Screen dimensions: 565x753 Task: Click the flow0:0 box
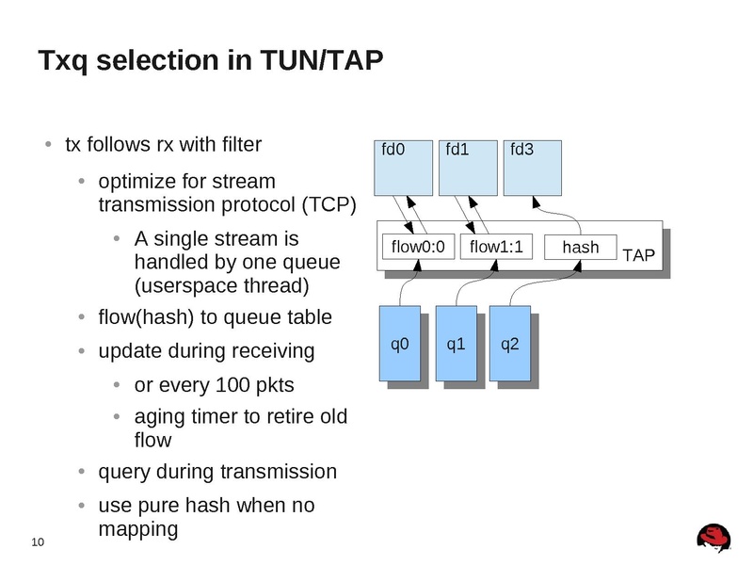click(417, 247)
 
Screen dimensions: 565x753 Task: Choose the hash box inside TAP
click(580, 247)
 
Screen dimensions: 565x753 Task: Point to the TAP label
click(639, 254)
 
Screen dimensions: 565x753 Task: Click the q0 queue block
click(400, 344)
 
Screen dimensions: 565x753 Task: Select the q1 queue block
click(456, 344)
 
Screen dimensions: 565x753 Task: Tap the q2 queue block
click(510, 344)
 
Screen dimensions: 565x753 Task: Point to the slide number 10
click(38, 541)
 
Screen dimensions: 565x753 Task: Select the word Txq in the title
click(63, 62)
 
